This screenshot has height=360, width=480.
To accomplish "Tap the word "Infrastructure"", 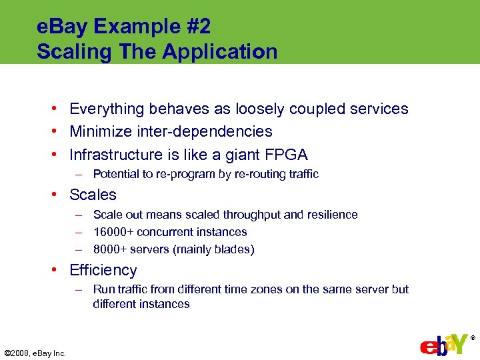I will pyautogui.click(x=115, y=155).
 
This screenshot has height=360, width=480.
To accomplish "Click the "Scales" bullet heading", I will pyautogui.click(x=93, y=195).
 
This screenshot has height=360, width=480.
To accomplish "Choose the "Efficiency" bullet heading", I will pyautogui.click(x=103, y=270).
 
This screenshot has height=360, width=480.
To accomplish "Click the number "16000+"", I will pyautogui.click(x=113, y=232).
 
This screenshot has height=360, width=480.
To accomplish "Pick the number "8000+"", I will pyautogui.click(x=110, y=249).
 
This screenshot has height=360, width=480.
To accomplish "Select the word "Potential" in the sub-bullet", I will pyautogui.click(x=114, y=174).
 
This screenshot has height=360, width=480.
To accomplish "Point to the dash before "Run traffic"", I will pyautogui.click(x=79, y=289).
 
